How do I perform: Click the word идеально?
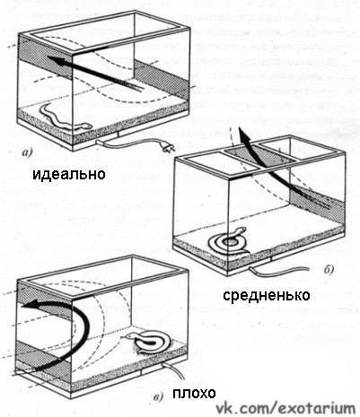pyautogui.click(x=69, y=175)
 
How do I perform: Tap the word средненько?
pyautogui.click(x=267, y=296)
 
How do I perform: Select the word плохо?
pyautogui.click(x=194, y=394)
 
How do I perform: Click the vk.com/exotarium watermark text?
pyautogui.click(x=285, y=407)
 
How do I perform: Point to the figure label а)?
pyautogui.click(x=27, y=153)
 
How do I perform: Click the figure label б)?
pyautogui.click(x=329, y=270)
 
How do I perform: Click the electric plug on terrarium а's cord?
pyautogui.click(x=168, y=147)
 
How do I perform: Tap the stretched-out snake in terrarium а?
pyautogui.click(x=65, y=118)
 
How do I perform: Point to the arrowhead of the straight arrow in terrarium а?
pyautogui.click(x=57, y=62)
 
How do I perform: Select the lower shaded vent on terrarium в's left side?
pyautogui.click(x=43, y=357)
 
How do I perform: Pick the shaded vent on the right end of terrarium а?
pyautogui.click(x=162, y=79)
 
